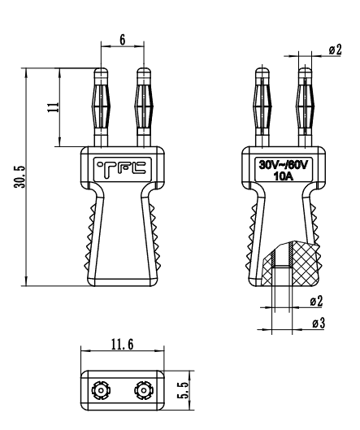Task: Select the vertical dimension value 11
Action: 53,107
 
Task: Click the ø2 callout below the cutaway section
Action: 318,302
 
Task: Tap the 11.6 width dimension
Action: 121,345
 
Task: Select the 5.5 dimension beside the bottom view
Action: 183,390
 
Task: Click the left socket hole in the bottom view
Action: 100,391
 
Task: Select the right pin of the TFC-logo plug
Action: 143,106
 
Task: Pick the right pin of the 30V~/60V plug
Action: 305,106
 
